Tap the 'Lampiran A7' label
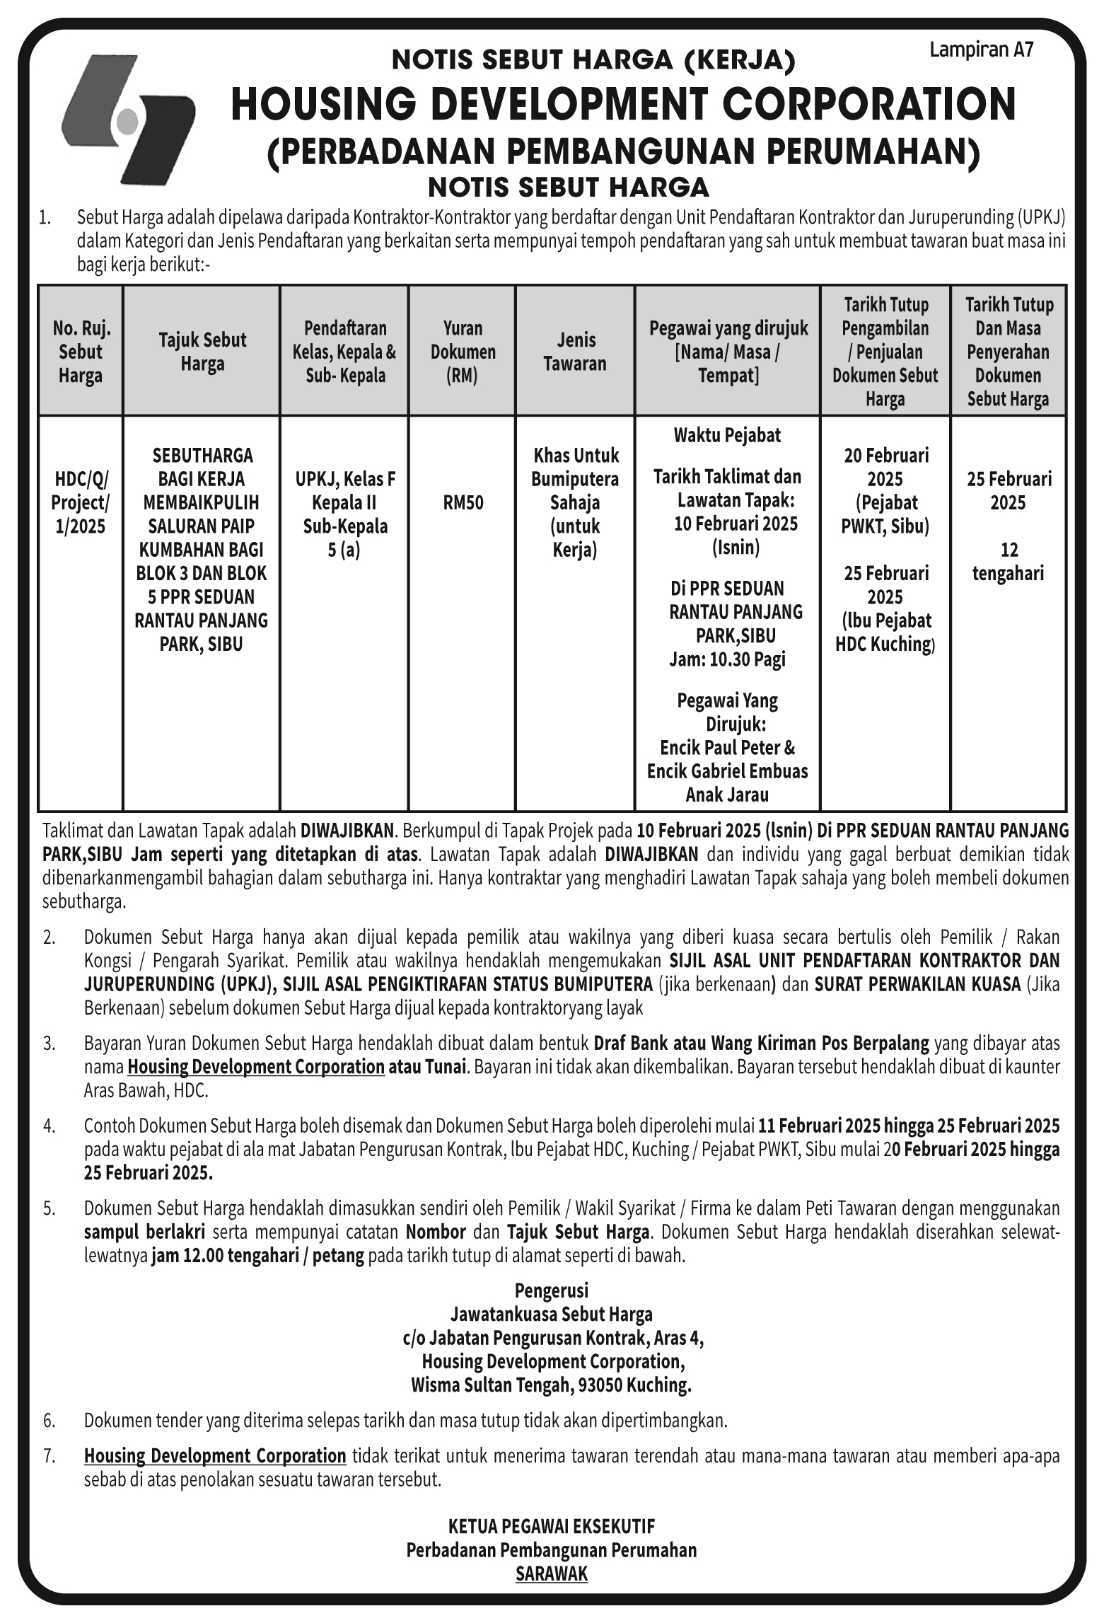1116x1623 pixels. click(x=981, y=50)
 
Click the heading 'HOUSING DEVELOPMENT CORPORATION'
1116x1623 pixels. click(x=623, y=104)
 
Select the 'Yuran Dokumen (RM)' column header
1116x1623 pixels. click(x=463, y=352)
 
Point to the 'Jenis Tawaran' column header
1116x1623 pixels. click(x=575, y=352)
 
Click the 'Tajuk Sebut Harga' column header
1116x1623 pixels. click(x=202, y=352)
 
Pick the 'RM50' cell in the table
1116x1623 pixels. click(x=463, y=503)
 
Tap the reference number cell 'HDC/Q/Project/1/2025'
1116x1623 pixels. click(x=81, y=503)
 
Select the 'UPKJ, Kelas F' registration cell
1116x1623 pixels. click(x=345, y=480)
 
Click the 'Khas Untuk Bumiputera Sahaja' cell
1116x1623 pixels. click(x=575, y=479)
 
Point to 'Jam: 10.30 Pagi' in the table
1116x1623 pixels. click(x=727, y=659)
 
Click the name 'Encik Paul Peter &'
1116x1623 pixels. click(x=727, y=748)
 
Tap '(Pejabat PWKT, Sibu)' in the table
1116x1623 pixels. click(x=885, y=514)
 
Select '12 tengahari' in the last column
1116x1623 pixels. click(x=1008, y=561)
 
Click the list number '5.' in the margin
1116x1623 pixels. click(x=49, y=1208)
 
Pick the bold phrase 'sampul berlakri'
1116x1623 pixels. click(x=144, y=1232)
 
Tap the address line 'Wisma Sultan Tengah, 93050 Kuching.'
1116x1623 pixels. click(x=551, y=1385)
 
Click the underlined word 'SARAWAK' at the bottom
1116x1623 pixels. click(x=552, y=1573)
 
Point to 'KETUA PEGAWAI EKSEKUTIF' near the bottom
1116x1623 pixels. click(x=552, y=1525)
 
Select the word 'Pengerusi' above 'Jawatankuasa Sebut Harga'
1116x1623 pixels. click(x=552, y=1290)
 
